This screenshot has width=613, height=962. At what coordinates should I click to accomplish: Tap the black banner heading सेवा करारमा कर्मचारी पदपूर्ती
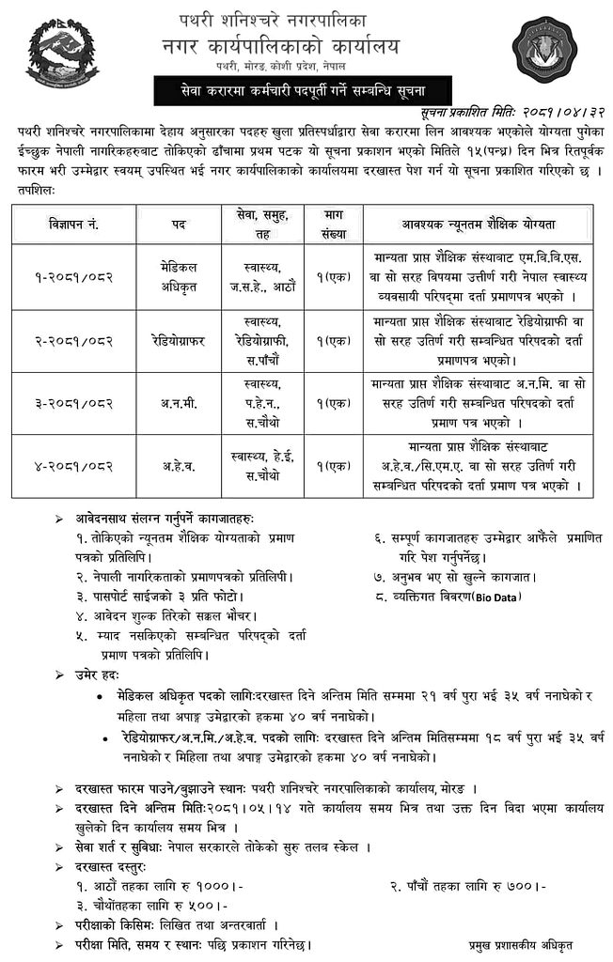(304, 91)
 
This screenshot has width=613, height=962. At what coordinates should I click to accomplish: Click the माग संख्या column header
(334, 225)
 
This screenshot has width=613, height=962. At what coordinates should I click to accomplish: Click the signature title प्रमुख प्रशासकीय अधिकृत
(521, 945)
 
